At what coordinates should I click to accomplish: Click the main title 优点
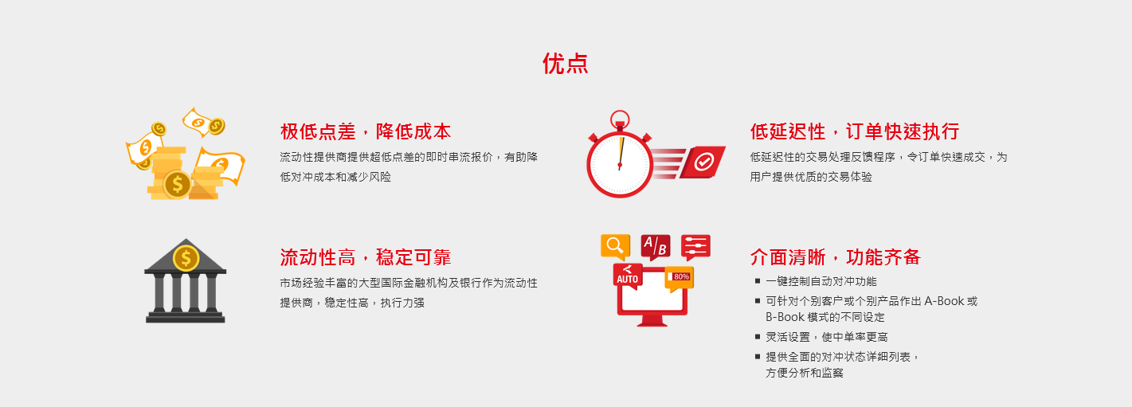point(565,64)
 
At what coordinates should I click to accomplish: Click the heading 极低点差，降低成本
point(366,131)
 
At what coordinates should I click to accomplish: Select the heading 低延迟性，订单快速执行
point(855,131)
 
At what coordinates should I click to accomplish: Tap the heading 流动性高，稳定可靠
point(366,257)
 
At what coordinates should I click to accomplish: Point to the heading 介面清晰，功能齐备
point(836,257)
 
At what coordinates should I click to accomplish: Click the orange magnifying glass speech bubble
point(615,246)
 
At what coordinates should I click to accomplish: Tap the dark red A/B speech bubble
point(656,246)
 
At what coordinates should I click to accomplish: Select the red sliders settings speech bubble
point(695,246)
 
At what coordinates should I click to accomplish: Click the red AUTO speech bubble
point(628,276)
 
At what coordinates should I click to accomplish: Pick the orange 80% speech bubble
point(679,278)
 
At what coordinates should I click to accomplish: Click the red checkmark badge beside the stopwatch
point(703,162)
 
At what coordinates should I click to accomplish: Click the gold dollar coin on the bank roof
point(186,258)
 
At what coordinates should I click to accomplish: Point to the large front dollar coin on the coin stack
point(177,184)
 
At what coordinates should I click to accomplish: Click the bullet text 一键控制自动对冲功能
point(821,281)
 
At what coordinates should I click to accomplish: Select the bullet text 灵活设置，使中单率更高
point(826,337)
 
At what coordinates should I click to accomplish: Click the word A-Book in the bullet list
point(944,301)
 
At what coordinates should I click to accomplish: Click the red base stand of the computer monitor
point(652,321)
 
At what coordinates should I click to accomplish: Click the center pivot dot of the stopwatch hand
point(620,165)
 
